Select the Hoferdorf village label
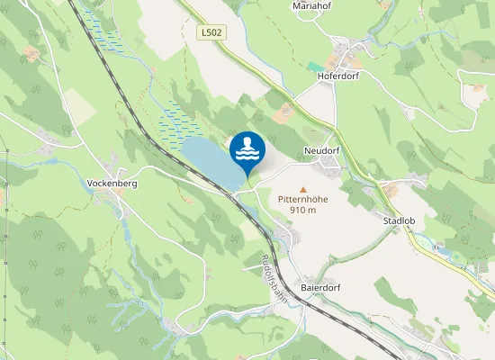click(338, 76)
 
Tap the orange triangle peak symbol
click(290, 189)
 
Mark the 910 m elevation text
click(302, 210)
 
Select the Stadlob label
click(398, 220)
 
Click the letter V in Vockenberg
click(90, 183)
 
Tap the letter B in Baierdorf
click(303, 287)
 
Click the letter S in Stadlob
click(385, 220)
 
